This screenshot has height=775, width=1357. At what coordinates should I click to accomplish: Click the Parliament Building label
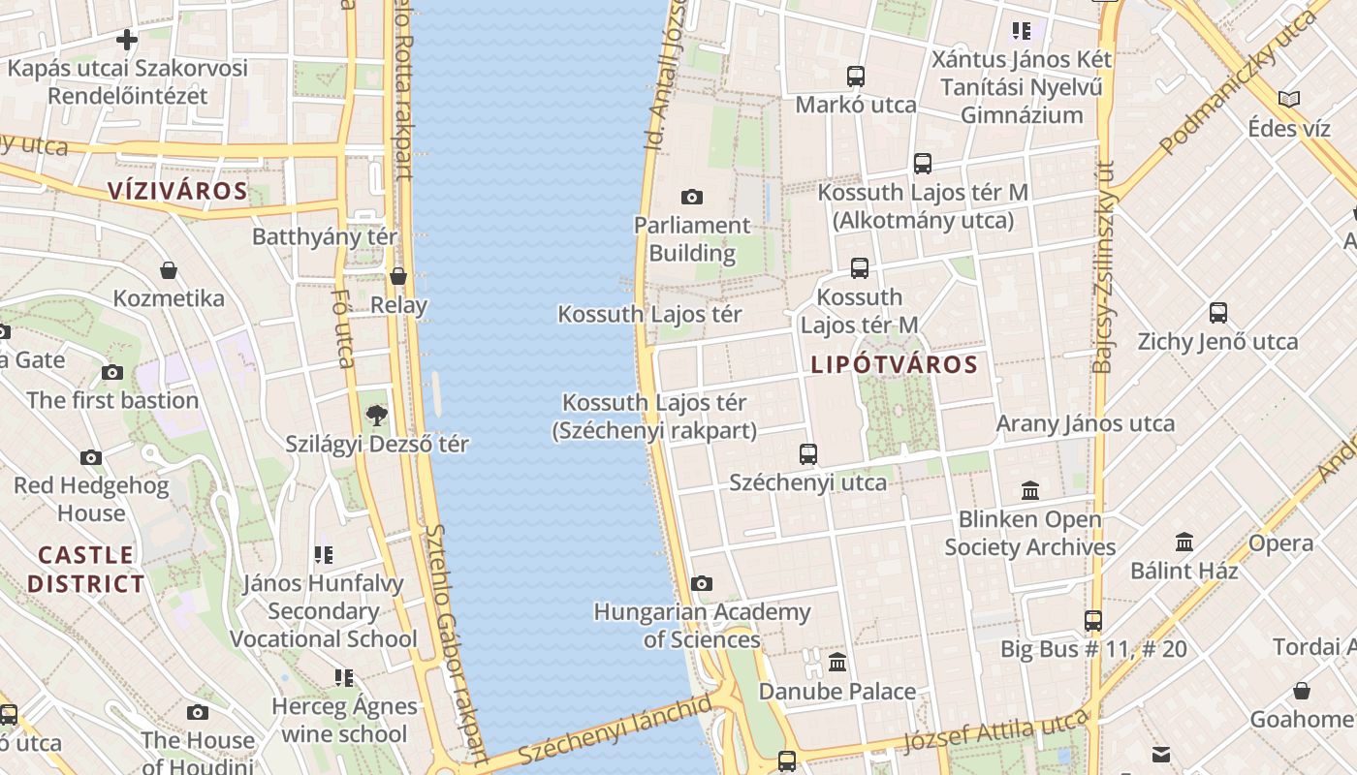tap(692, 239)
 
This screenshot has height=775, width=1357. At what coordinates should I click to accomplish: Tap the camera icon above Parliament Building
tap(692, 198)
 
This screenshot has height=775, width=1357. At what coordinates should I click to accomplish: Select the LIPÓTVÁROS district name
tap(894, 365)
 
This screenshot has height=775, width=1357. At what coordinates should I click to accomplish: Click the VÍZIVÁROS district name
tap(177, 191)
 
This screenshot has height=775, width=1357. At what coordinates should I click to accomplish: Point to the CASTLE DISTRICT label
tap(85, 570)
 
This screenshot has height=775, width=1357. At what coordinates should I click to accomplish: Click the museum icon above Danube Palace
tap(837, 663)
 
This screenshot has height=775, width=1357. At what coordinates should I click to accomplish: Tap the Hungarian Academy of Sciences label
tap(702, 626)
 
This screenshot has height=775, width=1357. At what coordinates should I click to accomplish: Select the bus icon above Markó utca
tap(856, 77)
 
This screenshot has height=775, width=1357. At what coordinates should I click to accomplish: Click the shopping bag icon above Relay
tap(398, 277)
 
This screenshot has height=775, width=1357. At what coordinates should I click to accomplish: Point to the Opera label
tap(1280, 543)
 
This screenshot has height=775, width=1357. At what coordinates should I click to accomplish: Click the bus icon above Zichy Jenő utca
tap(1218, 313)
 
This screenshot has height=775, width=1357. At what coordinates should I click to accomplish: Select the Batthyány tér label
tap(325, 237)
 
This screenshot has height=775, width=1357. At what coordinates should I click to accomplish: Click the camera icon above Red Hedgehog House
tap(91, 457)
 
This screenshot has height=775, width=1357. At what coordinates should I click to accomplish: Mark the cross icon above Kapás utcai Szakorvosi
tap(127, 40)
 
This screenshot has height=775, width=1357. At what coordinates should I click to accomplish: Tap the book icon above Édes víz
tap(1289, 100)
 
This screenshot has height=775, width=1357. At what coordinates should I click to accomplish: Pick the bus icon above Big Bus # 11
tap(1093, 621)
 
